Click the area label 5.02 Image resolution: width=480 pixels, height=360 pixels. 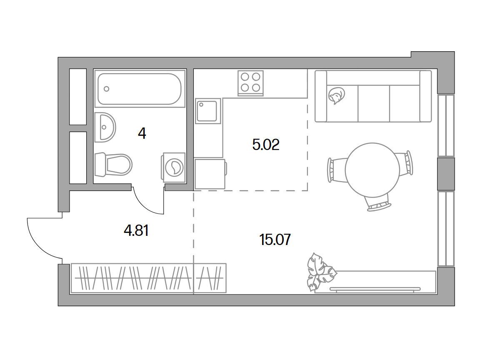point(266,145)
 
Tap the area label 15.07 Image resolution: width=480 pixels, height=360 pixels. point(275,240)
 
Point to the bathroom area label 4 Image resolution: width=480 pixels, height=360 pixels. point(142,133)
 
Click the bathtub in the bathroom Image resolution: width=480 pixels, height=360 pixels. point(140,88)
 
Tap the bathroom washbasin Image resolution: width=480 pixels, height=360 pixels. point(105,127)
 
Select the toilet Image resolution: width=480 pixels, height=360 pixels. point(113,165)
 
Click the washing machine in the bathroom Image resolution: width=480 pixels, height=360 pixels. point(174,167)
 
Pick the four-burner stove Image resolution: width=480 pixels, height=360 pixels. point(250,83)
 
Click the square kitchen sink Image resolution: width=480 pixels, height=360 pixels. point(208,111)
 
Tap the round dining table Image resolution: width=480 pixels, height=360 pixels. point(372,170)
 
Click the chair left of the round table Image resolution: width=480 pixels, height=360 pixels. point(336,170)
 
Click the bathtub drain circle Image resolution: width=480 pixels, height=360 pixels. point(106,89)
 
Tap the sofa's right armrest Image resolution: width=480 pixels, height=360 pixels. point(425,96)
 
